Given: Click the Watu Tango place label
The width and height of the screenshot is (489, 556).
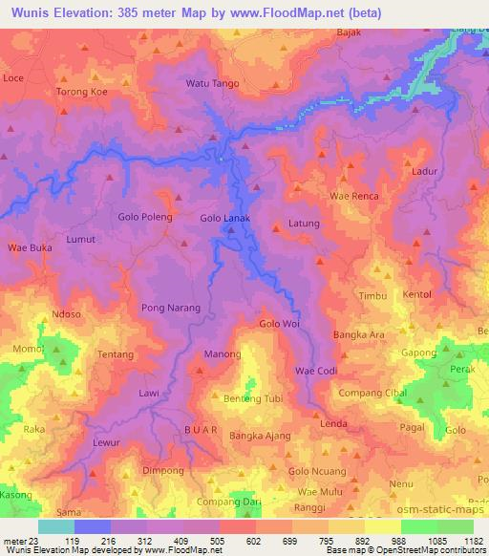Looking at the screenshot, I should click(212, 83).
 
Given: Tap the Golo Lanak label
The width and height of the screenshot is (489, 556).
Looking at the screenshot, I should click(224, 218).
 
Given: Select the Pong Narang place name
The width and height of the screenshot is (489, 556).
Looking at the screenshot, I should click(171, 308).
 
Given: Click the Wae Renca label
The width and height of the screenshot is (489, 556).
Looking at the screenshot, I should click(354, 196).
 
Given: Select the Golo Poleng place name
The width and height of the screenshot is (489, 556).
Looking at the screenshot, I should click(145, 217).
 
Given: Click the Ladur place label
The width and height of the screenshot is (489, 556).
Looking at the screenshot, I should click(425, 171).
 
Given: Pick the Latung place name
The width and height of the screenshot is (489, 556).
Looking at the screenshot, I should click(304, 224).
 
